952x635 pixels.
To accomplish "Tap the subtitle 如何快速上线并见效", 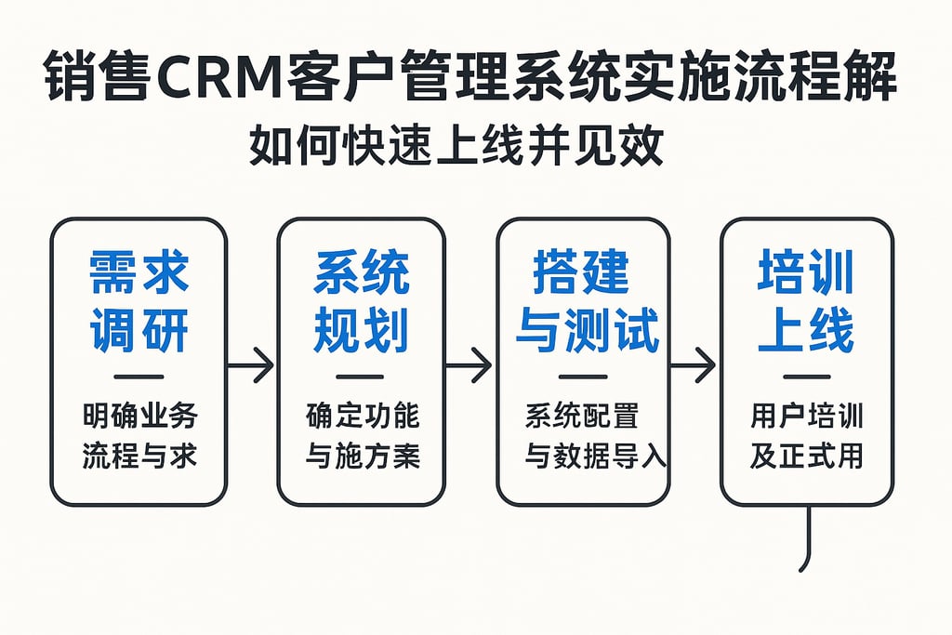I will [456, 147].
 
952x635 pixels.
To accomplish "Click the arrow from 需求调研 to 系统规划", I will [251, 364].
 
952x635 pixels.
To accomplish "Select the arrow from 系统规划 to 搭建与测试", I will [469, 364].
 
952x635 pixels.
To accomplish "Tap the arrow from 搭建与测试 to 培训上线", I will [693, 364].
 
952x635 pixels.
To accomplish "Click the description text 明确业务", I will [139, 416].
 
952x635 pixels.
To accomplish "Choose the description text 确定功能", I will [362, 416].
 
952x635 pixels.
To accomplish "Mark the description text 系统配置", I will [582, 416].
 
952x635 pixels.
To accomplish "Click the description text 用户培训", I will [806, 416].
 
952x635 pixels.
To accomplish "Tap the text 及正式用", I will [806, 456].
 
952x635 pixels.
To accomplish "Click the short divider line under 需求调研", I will [139, 377].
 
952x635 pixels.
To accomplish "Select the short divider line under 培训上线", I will [806, 377].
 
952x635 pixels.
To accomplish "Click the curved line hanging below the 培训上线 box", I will [810, 539].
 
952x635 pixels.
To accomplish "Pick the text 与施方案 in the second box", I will [362, 456].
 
